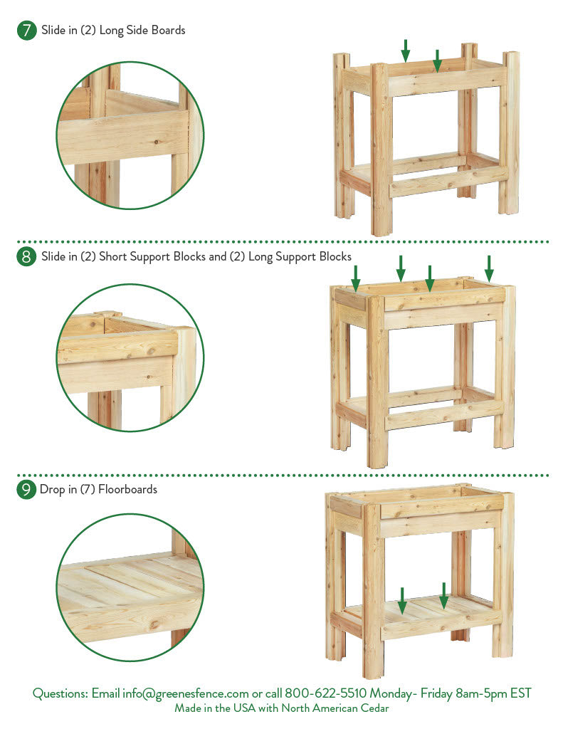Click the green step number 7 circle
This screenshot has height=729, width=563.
click(x=26, y=31)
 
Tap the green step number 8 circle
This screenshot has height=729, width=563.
click(x=26, y=256)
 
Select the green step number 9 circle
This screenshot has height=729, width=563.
click(x=26, y=490)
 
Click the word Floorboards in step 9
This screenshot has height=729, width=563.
click(x=128, y=489)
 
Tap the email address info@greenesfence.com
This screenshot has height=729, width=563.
click(x=186, y=693)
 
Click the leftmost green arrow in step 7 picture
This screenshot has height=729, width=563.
click(x=406, y=51)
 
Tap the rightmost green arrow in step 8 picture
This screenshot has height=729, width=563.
click(x=489, y=268)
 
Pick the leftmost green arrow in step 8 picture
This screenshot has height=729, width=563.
click(x=356, y=278)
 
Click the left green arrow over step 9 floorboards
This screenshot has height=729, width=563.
click(x=402, y=601)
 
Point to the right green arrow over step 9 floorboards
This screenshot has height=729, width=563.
click(x=444, y=596)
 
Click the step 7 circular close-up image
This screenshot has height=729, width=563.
click(x=130, y=135)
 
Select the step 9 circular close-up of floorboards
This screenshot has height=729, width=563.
click(x=130, y=587)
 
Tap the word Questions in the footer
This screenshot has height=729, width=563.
click(x=60, y=693)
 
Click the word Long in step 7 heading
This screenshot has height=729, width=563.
click(x=111, y=31)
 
